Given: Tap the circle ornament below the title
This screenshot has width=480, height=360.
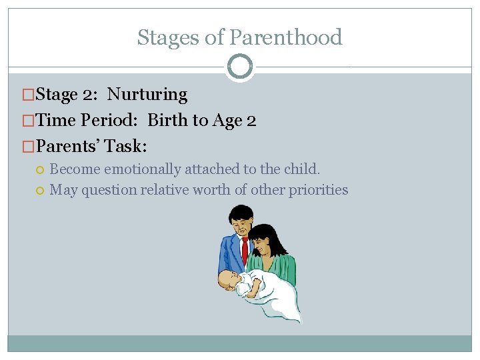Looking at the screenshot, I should point(240,67).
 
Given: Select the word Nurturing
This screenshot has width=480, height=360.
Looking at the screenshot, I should point(147,95).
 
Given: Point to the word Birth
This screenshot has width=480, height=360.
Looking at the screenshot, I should point(168,121).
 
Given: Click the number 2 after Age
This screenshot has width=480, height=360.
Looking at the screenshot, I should point(251,121).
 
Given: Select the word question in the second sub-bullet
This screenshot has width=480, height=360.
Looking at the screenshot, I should point(109,190).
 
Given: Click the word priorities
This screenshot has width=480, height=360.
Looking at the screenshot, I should point(318,190).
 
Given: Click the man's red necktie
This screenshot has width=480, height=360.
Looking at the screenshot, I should point(245,249).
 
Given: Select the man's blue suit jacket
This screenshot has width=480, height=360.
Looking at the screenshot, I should point(230,253).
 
